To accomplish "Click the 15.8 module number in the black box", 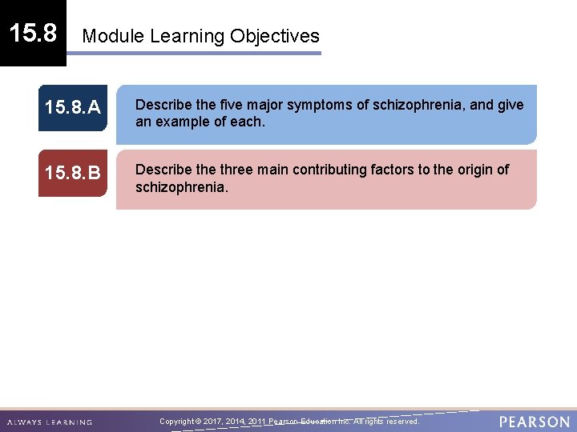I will point(33,33).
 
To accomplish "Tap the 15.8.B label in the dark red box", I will point(72,173).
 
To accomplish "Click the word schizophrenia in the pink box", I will point(181,187).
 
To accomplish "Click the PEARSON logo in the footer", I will point(535,422).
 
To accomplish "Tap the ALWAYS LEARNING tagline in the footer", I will point(50,422).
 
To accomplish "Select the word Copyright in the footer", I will point(177,421).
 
